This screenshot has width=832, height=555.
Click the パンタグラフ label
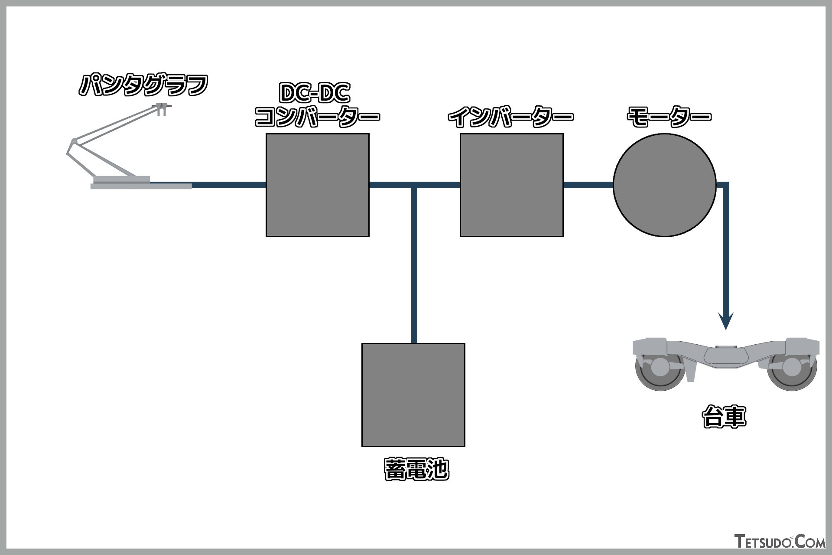(143, 85)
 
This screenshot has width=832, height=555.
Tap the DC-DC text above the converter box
(315, 93)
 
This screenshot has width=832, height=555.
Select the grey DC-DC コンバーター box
(317, 185)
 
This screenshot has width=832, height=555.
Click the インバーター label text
(510, 117)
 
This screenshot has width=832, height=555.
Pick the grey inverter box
(511, 185)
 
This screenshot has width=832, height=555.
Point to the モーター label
(669, 117)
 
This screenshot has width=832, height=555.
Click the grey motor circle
(664, 185)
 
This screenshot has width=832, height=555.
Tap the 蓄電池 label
(416, 469)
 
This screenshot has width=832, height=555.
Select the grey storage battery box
(413, 395)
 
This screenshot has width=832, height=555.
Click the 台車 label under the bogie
(724, 417)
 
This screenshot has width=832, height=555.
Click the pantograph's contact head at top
(162, 107)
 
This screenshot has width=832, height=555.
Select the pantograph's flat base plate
(141, 186)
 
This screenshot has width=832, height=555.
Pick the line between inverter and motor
(588, 185)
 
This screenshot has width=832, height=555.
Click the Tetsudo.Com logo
(780, 542)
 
